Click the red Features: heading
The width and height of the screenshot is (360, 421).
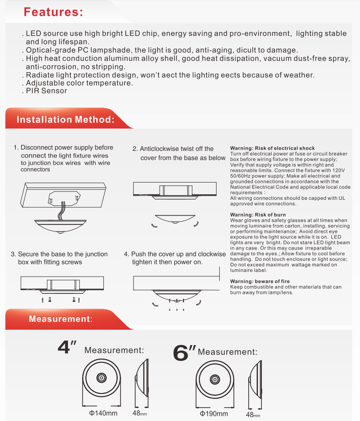click(x=53, y=13)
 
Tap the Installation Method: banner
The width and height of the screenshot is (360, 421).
click(x=65, y=120)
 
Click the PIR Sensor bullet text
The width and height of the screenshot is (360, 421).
click(x=46, y=91)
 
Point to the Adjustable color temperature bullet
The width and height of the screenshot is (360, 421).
click(x=79, y=83)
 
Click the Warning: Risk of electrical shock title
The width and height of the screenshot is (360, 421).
click(x=272, y=149)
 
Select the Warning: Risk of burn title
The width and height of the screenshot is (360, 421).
click(x=258, y=215)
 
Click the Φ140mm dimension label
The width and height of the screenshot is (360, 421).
click(x=100, y=413)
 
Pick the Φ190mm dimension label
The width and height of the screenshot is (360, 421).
click(x=214, y=414)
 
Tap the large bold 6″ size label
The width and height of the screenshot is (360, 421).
click(x=184, y=353)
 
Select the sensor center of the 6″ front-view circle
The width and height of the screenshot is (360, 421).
click(x=214, y=378)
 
